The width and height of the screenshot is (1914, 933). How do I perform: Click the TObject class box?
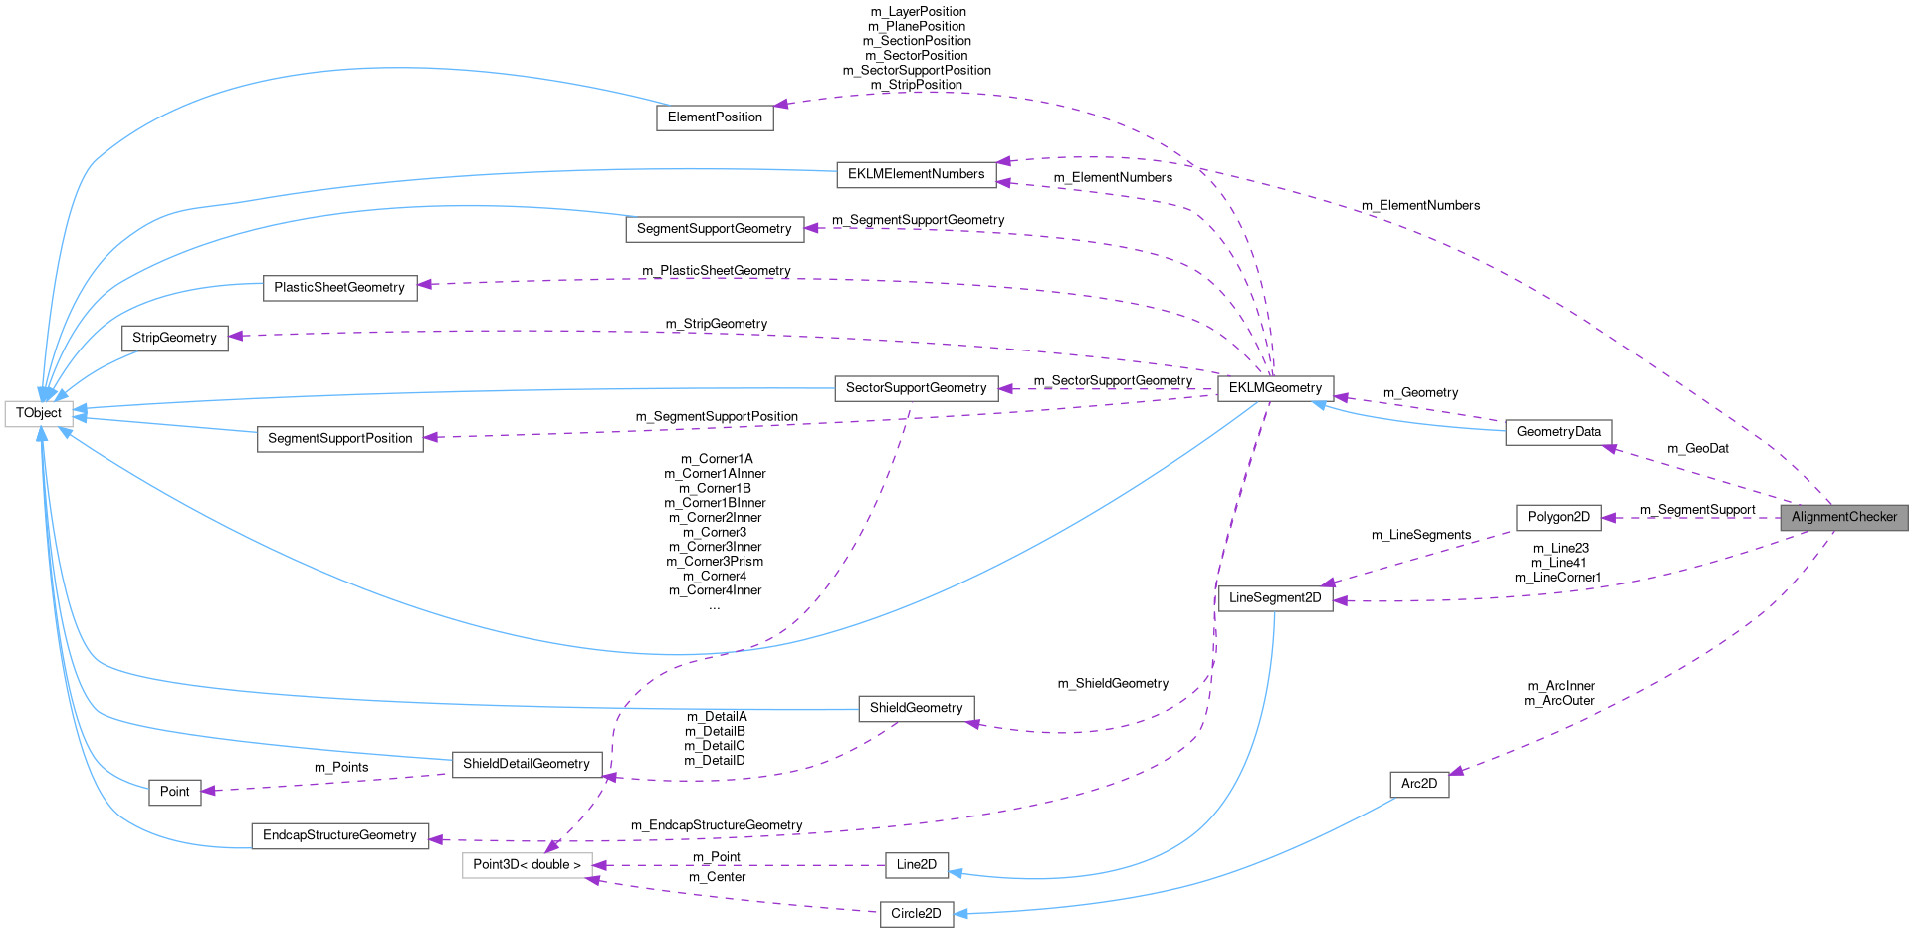38,413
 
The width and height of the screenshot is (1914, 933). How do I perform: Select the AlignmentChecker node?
1843,517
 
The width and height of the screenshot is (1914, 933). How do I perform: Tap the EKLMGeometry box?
1275,388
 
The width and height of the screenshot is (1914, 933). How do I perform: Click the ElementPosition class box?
715,117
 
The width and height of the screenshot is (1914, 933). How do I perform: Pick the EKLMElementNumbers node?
916,174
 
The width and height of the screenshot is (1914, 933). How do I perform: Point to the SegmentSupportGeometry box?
714,229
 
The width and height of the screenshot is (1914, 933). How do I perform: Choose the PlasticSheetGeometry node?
339,288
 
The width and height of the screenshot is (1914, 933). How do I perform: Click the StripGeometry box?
174,338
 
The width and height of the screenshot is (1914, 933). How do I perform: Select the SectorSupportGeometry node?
916,388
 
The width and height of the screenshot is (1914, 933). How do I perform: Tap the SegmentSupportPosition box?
339,439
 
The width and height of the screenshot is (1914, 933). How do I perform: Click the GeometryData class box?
1559,432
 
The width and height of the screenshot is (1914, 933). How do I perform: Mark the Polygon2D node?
1558,517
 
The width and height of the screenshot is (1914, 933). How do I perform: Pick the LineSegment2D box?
1275,598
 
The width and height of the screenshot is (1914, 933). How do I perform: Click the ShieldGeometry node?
916,708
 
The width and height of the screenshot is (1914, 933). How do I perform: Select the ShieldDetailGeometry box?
527,764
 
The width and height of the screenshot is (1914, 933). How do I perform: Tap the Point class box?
174,792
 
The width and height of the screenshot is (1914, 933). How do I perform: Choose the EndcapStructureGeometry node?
339,835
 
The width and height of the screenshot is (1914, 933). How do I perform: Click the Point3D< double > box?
527,864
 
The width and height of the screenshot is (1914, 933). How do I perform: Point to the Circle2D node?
916,914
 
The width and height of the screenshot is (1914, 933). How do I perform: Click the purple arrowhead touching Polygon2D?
1609,518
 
